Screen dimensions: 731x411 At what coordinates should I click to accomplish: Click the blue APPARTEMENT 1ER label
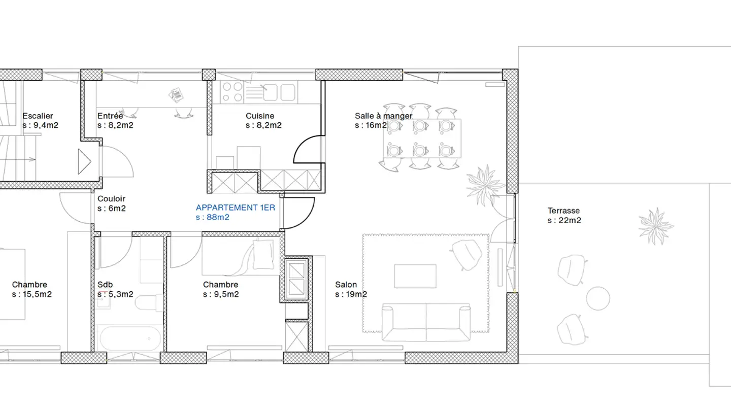coord(236,208)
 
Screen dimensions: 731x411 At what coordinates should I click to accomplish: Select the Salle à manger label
coord(383,116)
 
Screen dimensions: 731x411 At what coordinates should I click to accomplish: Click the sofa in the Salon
coord(426,323)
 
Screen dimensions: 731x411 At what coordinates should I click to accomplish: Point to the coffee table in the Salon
coord(415,276)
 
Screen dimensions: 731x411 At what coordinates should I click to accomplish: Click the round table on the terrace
coord(598,298)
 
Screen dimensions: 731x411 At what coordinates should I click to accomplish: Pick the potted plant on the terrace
coord(656,226)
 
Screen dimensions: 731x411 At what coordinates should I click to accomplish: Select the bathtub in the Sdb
coord(130,338)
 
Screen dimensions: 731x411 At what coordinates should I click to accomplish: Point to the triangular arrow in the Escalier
coord(84,161)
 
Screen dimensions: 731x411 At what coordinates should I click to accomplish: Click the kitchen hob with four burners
coord(232,92)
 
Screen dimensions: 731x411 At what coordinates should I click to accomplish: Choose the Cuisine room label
coord(260,116)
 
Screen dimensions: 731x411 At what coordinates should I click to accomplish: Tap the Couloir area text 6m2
coord(117,209)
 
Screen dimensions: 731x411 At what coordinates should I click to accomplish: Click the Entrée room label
coord(110,116)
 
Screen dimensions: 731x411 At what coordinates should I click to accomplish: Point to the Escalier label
coord(38,116)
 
